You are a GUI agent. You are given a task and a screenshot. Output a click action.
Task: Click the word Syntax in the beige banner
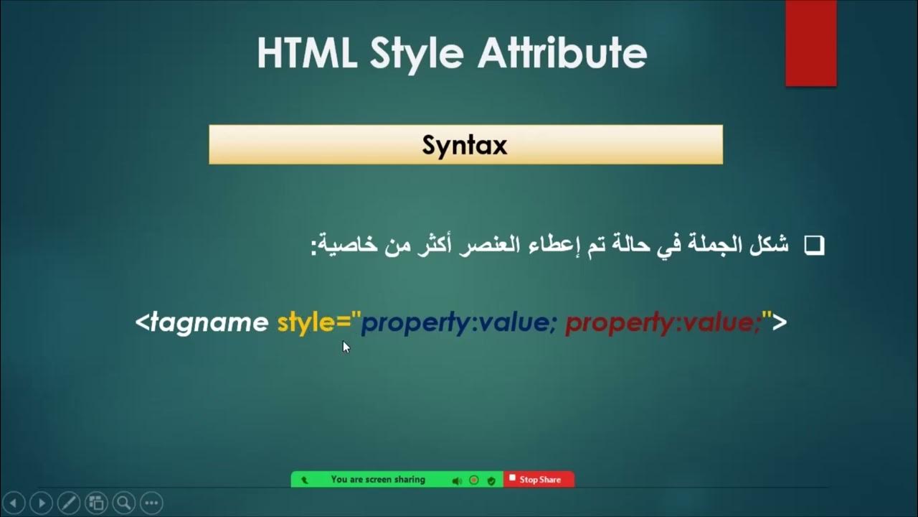click(465, 145)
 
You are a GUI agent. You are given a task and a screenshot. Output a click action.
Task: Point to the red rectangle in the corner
click(810, 43)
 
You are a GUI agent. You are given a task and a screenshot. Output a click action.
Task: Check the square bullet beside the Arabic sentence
click(814, 246)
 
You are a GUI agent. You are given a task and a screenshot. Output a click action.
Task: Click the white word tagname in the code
click(208, 322)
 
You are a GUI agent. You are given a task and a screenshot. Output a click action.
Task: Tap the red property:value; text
click(663, 323)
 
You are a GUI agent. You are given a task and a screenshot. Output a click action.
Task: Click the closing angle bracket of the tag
click(780, 322)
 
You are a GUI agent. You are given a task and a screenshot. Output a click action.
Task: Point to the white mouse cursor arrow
click(346, 347)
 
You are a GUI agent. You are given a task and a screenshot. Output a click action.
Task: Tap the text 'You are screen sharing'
click(378, 480)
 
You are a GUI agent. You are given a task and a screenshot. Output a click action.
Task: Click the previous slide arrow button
click(14, 502)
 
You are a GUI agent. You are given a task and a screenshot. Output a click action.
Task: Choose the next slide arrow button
click(41, 502)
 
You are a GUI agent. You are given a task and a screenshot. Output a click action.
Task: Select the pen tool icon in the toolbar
click(68, 502)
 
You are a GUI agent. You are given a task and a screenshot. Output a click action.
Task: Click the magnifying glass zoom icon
click(123, 502)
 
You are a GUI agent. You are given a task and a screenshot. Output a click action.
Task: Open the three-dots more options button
click(151, 502)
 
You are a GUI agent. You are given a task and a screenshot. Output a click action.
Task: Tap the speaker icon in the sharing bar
click(457, 480)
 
